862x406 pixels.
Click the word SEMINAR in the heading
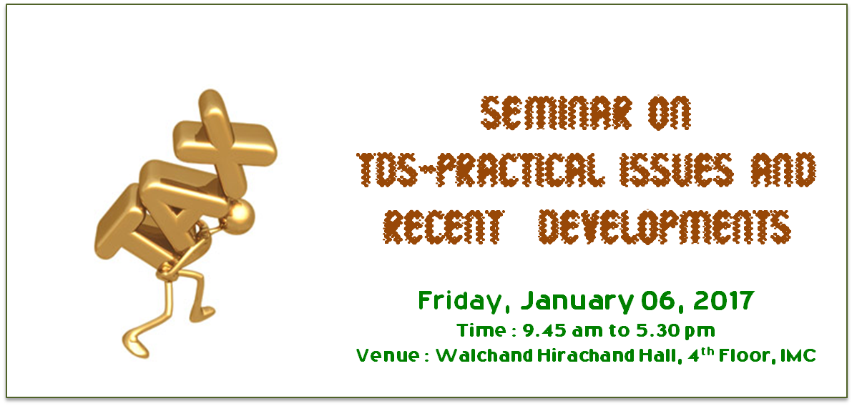[557, 113]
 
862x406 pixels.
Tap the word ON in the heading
[670, 113]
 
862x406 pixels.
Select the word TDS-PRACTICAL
[481, 169]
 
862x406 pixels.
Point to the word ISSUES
[677, 169]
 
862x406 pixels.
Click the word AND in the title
[783, 169]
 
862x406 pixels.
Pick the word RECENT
[444, 227]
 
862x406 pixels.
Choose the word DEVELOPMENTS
[665, 227]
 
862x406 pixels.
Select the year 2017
[724, 300]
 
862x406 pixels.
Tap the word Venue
[388, 355]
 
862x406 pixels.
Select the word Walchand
[484, 355]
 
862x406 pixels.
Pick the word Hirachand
[585, 355]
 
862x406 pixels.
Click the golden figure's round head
[239, 217]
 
